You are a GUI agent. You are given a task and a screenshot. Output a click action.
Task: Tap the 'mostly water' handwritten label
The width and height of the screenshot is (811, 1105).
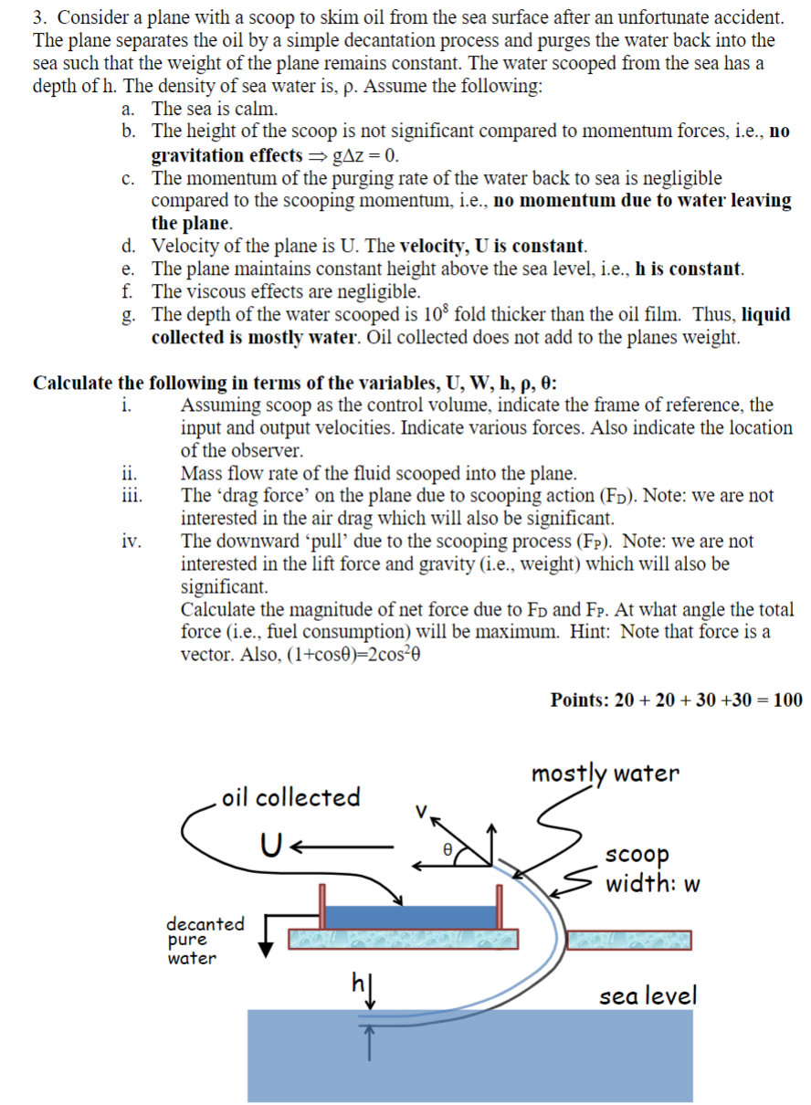[606, 773]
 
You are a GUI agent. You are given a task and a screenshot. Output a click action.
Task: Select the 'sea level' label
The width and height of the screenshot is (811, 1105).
[648, 995]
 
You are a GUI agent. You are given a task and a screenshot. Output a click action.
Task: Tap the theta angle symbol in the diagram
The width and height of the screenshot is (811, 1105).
[448, 847]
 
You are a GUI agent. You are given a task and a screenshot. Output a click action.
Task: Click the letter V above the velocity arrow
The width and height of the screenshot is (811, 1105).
[421, 809]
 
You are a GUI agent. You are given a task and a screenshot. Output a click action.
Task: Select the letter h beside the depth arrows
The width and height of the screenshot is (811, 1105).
[358, 984]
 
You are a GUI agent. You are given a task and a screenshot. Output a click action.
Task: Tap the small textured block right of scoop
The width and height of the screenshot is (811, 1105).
[628, 940]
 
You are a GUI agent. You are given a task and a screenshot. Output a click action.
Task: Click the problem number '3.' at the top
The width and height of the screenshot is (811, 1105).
[40, 17]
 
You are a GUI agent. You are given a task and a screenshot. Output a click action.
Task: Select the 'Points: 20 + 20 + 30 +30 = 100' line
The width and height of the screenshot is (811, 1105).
[676, 700]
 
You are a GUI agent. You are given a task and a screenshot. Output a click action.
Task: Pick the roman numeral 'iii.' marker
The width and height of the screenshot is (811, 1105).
[130, 496]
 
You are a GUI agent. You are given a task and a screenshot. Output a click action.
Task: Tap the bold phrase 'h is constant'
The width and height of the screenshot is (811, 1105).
[689, 269]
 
